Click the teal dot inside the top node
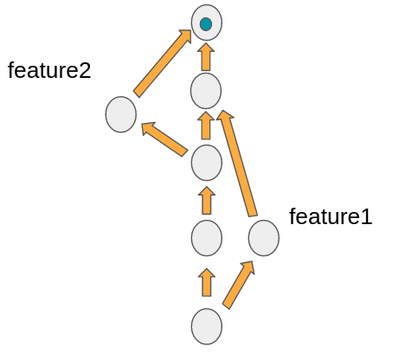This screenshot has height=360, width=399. click(206, 24)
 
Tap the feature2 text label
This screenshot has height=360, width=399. click(49, 71)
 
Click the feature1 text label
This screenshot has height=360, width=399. click(330, 216)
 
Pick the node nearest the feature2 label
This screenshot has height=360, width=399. click(121, 114)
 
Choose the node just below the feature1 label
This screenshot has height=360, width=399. click(263, 238)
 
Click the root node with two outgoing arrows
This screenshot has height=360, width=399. click(206, 326)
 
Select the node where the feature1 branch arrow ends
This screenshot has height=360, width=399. click(206, 91)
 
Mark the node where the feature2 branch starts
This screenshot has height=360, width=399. click(206, 162)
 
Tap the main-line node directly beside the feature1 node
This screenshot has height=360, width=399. click(206, 238)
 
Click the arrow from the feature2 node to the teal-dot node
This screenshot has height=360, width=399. click(163, 62)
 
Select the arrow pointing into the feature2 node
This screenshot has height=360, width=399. click(164, 138)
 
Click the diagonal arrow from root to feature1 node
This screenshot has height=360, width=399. click(238, 284)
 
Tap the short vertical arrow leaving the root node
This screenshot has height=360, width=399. click(206, 283)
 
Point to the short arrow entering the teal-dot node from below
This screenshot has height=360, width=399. click(206, 57)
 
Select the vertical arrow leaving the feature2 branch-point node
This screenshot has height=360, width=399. click(206, 125)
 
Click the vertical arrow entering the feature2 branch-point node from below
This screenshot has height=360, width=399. click(206, 200)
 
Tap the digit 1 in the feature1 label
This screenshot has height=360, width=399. click(366, 216)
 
